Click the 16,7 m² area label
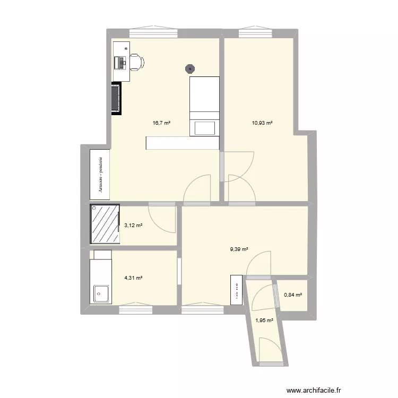pos(161,123)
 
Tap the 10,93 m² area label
pos(262,123)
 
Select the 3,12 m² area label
pos(133,226)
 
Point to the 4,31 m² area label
pos(133,278)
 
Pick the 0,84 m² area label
pos(292,295)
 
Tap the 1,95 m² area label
pos(264,320)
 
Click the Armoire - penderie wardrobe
pos(100,173)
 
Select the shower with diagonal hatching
pos(105,224)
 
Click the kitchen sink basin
pos(100,293)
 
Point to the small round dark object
pos(190,68)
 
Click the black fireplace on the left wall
pos(116,98)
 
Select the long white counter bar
pos(182,143)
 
